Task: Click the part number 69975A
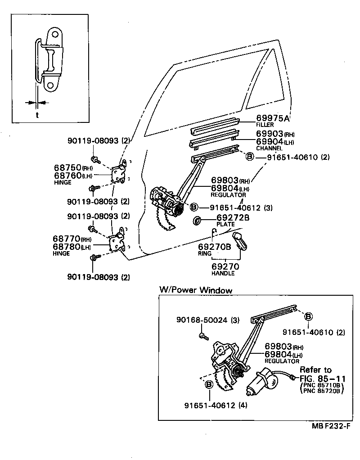pos(272,118)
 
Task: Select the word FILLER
pos(265,125)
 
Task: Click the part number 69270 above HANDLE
pos(225,266)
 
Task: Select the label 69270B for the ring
pos(215,247)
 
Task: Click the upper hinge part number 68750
pos(67,168)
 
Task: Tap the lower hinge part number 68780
pos(67,247)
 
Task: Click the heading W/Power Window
pos(196,290)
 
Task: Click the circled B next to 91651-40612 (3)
pos(193,207)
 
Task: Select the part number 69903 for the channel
pos(269,134)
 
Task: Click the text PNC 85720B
pos(321,392)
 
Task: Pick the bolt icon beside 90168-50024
pos(203,335)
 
